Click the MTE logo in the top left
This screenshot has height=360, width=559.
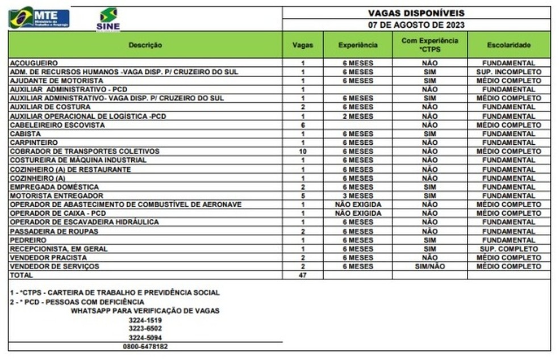coord(39,18)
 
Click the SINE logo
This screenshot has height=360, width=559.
coord(108,19)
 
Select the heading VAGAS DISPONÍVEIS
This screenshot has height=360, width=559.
coord(416,12)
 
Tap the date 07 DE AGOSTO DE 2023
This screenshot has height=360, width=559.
coord(416,25)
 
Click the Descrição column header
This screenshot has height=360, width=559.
coord(145,45)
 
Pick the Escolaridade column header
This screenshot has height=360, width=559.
coord(508,45)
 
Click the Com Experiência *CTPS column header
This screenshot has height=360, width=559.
coord(429,45)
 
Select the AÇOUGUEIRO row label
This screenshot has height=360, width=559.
coord(34,63)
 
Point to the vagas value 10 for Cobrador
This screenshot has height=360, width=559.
coord(302,152)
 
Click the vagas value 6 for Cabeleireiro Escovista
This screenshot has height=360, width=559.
coord(302,125)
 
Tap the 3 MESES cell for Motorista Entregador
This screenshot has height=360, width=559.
coord(357,196)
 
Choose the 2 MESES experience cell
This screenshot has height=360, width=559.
coord(357,116)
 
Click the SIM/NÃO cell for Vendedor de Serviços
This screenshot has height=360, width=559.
coord(429,266)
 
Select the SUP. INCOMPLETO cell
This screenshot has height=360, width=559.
coord(508,72)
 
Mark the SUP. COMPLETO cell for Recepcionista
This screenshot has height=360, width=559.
coord(508,249)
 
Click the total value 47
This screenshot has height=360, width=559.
coord(302,275)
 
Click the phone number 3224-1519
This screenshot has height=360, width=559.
coord(145,320)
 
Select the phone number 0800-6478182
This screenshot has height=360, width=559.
coord(145,346)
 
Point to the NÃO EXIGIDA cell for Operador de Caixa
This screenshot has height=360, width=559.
coord(357,214)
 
